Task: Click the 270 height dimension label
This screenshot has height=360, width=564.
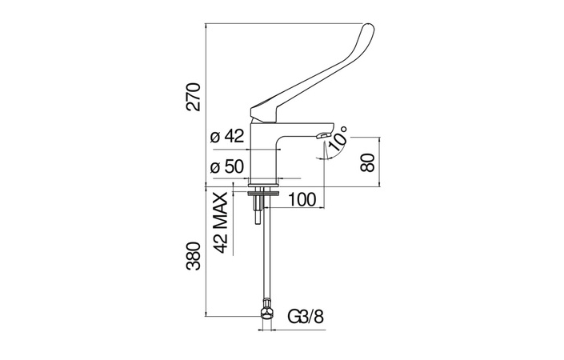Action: (193, 96)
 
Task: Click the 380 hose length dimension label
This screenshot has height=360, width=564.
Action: (193, 256)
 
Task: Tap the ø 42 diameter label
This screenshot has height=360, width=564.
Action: (228, 136)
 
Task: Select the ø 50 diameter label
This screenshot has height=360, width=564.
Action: (228, 166)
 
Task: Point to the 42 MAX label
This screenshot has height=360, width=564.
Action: (220, 222)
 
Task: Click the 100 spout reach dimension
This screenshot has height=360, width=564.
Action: (302, 199)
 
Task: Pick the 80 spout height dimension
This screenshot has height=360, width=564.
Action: (368, 162)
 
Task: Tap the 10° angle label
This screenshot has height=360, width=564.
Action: (338, 138)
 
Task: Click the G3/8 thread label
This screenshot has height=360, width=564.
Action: (306, 317)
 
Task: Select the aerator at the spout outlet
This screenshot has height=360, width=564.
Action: (322, 135)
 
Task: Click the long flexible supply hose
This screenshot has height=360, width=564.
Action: (266, 252)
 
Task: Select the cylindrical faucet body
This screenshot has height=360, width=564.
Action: (264, 154)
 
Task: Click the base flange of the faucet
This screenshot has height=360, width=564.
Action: (263, 186)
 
